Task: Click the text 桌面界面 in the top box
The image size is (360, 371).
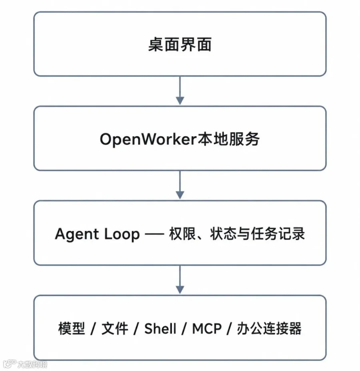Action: pos(180,44)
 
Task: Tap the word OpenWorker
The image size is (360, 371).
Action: pos(148,139)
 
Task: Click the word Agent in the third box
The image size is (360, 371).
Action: pos(77,234)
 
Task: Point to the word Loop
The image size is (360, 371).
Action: pos(122,234)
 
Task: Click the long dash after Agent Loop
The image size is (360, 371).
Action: pos(154,234)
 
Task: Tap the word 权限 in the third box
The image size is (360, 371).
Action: pos(182,234)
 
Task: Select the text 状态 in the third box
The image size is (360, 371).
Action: pos(223,234)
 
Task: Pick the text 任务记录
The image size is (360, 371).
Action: pos(278,234)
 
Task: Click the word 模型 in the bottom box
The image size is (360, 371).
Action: pos(72,328)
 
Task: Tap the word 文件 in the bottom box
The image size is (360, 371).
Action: pos(115,328)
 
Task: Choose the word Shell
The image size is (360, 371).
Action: pos(160,328)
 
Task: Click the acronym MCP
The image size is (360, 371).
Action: pos(207,328)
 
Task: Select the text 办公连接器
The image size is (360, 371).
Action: pos(269,328)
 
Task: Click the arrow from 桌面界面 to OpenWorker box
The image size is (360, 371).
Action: pos(180,90)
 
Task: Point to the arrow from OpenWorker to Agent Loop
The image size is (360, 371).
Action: pos(180,185)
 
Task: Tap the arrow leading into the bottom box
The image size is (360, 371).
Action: pos(180,279)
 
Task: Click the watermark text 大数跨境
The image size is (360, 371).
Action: pos(32,364)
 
